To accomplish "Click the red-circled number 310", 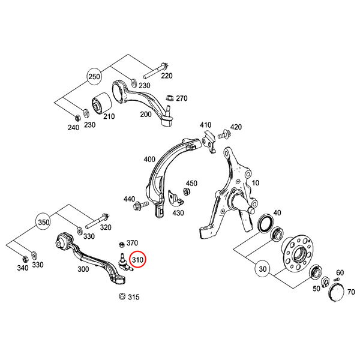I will coord(138,260).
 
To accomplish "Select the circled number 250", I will coord(94,77).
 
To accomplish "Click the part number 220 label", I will coord(166,76).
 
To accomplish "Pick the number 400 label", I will coord(149,160).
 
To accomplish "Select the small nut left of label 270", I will coord(169,98).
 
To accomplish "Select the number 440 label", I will coord(129,199).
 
